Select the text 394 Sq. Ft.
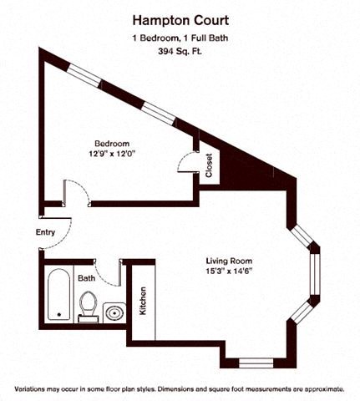coord(179,51)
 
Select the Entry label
coord(47,233)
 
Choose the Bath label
coord(87,278)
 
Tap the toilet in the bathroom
coord(87,305)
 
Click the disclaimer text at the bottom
coord(179,389)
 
